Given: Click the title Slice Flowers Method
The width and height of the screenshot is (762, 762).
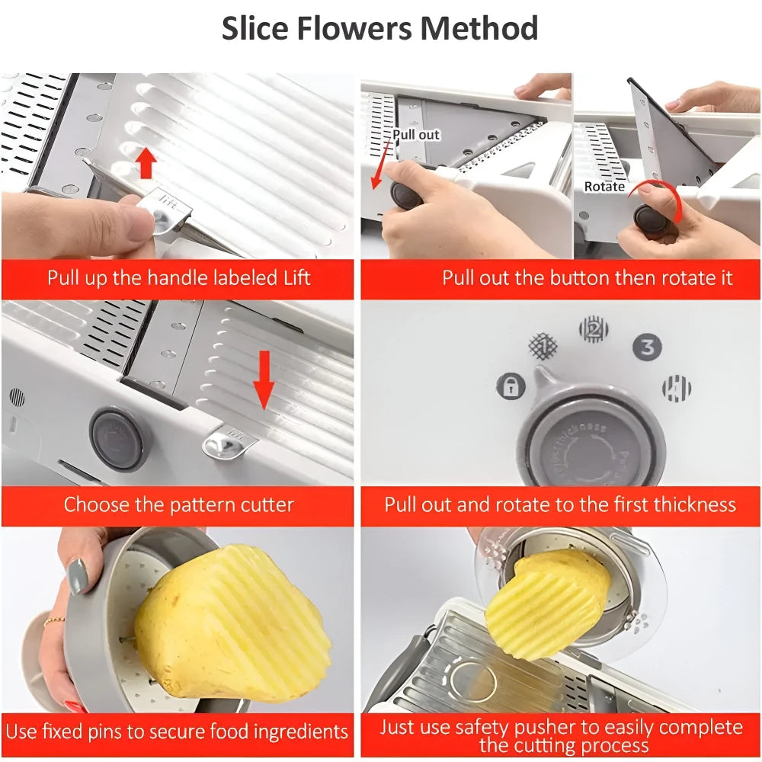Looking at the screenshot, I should coord(379,29).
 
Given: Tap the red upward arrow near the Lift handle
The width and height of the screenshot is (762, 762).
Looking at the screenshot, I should coord(146,163).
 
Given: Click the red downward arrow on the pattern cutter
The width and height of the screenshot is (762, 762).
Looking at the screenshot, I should coord(264,378).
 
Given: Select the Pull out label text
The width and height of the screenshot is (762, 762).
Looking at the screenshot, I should coord(416,135).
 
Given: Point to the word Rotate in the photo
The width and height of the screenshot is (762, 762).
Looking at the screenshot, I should coord(604,187).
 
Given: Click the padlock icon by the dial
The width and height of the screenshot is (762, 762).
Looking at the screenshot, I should coord(511,386).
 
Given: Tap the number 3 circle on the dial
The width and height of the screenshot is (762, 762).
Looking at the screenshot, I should coord(647,347).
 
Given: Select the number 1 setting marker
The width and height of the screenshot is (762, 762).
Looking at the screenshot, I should coord(543,345).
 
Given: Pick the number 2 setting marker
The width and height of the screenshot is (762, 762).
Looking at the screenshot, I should coord(593,329).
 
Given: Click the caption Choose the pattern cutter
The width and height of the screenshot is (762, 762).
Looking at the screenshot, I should coord(178,505).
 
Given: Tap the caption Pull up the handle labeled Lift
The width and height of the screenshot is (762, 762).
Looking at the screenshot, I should coord(178,277).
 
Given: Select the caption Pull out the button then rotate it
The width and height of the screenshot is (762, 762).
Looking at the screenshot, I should coord(587,277).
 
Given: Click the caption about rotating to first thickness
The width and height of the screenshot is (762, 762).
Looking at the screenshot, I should coord(560,505).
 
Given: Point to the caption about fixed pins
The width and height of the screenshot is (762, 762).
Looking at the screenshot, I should coord(177,732).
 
